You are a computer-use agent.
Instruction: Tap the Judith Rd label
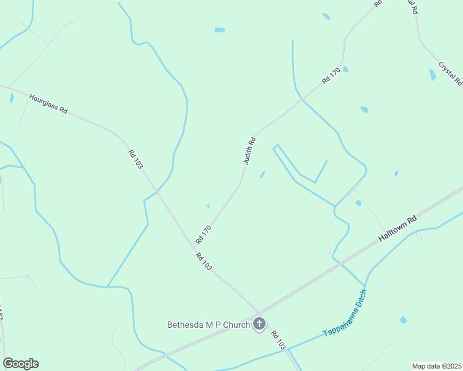click(249, 150)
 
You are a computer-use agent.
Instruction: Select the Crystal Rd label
click(450, 72)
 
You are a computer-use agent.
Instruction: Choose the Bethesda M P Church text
click(209, 325)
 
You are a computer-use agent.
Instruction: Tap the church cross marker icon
click(259, 323)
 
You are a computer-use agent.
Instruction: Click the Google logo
click(20, 364)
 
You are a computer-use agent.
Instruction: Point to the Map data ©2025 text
click(436, 366)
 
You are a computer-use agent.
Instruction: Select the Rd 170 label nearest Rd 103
click(204, 234)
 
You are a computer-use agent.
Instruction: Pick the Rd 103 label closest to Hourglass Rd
click(136, 160)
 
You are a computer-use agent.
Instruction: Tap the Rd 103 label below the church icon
click(278, 339)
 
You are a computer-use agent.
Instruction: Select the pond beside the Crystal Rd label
click(432, 75)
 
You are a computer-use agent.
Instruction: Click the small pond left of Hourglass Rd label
click(11, 98)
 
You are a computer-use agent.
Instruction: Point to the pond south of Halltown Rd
click(404, 320)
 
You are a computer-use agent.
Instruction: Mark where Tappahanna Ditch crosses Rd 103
click(288, 350)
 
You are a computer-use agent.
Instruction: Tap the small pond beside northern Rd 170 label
click(345, 69)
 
